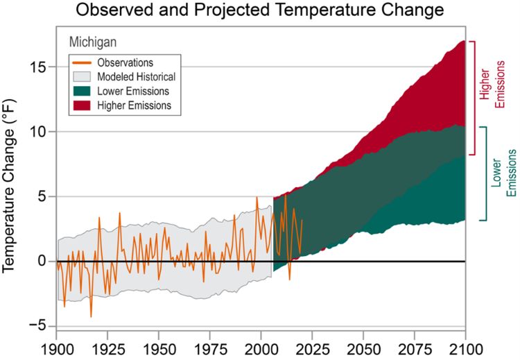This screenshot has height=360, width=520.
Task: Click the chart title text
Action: click(260, 10)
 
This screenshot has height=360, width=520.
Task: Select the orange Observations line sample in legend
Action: click(83, 62)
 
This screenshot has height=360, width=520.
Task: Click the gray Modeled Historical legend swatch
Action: click(83, 76)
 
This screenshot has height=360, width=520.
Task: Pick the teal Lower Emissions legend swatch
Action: click(83, 91)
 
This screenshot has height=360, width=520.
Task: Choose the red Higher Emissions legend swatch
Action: click(83, 105)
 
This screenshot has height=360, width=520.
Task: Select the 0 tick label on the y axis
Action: click(42, 262)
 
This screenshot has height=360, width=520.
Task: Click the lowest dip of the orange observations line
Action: click(91, 316)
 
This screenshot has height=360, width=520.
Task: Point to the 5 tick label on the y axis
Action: click(42, 196)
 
